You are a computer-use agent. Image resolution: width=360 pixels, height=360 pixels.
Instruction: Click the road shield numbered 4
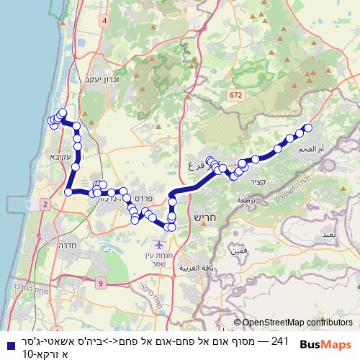click(x=105, y=21)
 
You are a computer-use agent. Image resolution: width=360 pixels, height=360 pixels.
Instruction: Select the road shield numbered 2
click(x=45, y=205)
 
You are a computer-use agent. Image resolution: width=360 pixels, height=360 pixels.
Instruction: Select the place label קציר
click(x=260, y=180)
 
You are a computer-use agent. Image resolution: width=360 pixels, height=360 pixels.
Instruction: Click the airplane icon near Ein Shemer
click(x=158, y=245)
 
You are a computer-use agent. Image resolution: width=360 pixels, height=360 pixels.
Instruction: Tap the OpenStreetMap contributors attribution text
click(x=293, y=322)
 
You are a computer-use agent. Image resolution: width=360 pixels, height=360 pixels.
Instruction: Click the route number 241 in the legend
click(x=279, y=340)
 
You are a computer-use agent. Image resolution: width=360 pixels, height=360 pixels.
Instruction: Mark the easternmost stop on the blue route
click(x=309, y=127)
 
